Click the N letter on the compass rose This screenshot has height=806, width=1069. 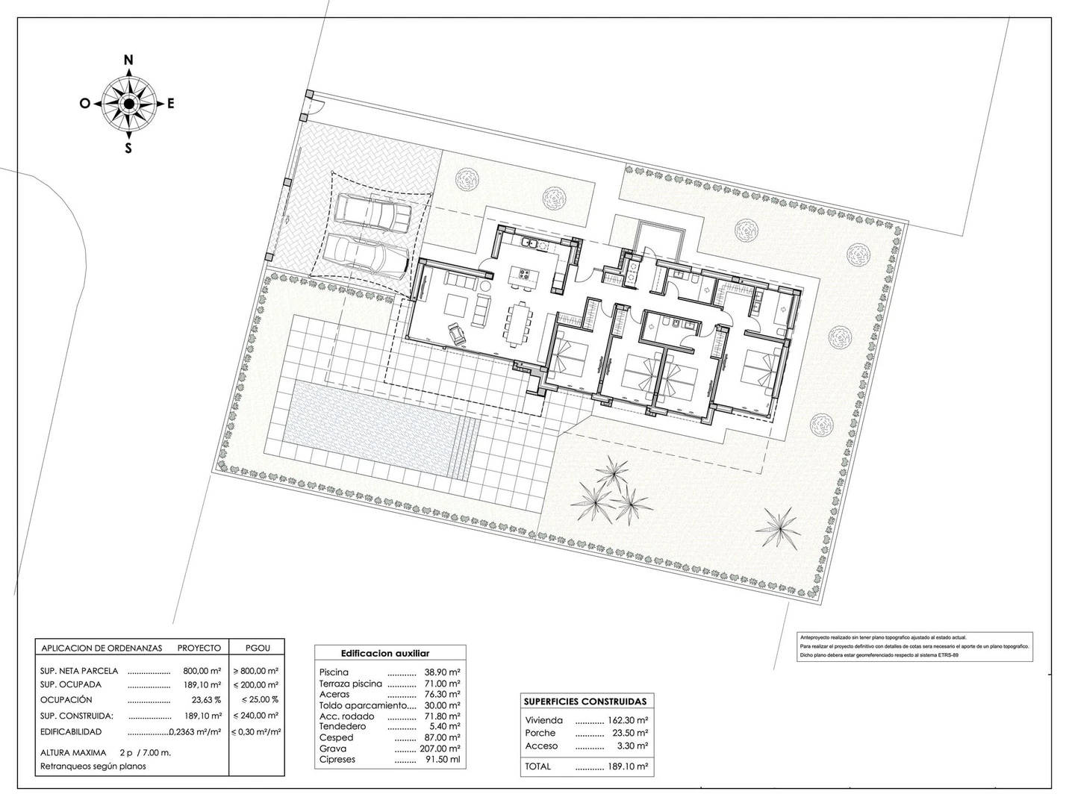(128, 60)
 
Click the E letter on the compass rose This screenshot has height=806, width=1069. (170, 104)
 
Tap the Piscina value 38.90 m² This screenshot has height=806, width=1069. (442, 672)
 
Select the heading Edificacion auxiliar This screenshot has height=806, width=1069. (385, 653)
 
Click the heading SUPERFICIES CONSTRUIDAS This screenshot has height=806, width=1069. (585, 702)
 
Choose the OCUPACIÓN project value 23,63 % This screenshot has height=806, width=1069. (207, 700)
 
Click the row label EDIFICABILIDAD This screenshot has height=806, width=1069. (71, 732)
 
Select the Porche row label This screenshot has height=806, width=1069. (540, 733)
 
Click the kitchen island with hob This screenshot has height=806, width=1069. (522, 278)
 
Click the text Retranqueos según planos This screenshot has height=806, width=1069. (93, 766)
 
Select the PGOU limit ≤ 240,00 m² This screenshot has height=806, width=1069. (255, 716)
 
